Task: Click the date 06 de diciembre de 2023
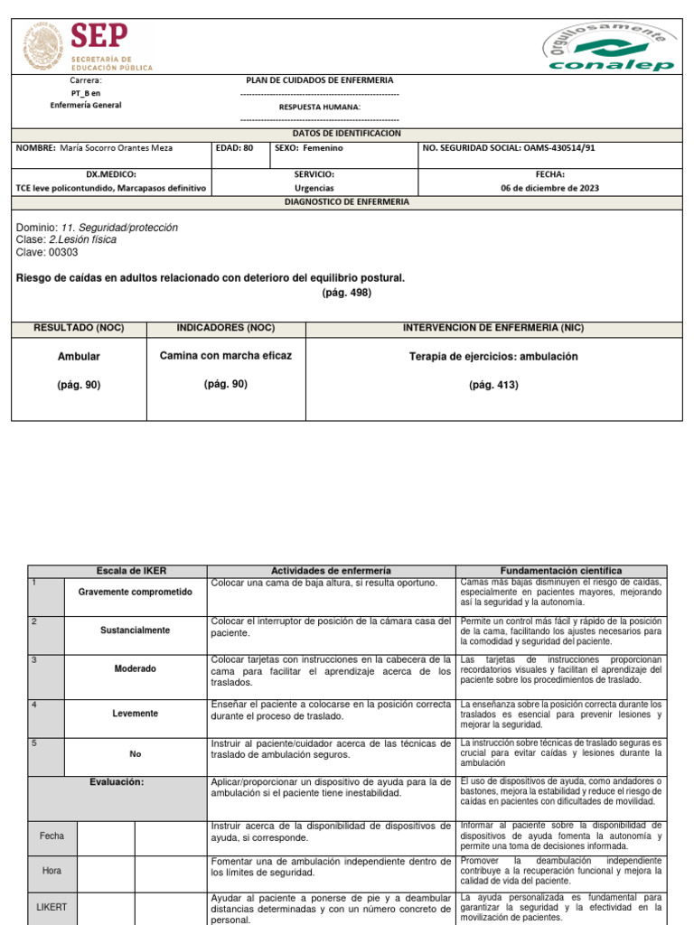click(549, 188)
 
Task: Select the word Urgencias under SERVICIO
click(314, 188)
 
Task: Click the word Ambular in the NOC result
click(79, 357)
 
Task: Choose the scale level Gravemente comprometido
click(136, 592)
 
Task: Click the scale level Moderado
click(136, 669)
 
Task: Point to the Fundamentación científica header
click(561, 571)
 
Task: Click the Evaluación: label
click(116, 782)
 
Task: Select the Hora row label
click(52, 870)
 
